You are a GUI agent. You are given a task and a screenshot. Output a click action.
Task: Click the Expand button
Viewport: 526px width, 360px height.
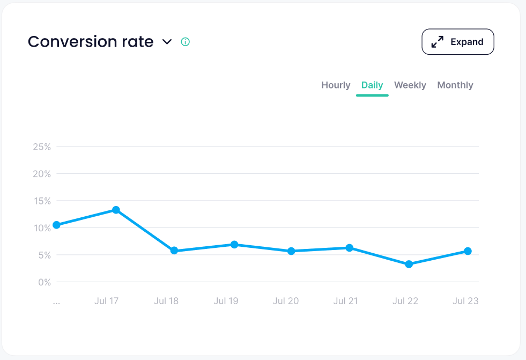coord(458,42)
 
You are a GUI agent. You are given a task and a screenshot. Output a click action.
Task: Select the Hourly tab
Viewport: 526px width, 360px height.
coord(336,85)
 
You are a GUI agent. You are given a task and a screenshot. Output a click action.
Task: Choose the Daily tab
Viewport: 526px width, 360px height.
coord(372,85)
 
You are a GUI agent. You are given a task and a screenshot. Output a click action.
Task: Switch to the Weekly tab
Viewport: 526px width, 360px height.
coord(410,85)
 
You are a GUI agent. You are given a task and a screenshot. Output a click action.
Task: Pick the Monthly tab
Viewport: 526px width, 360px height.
coord(455,85)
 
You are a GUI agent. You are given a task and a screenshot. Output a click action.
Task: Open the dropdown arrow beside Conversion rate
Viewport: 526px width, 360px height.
coord(167,42)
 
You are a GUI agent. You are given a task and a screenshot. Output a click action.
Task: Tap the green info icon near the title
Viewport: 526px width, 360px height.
coord(186,42)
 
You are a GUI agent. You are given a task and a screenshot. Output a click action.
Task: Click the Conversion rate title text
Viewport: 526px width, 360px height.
coord(91,42)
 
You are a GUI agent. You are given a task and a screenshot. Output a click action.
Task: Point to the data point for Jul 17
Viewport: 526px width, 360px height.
coord(116,210)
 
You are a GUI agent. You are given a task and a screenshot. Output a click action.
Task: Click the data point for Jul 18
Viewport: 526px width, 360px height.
coord(174,251)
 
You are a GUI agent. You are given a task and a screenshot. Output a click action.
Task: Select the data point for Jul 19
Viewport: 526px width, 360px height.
coord(234,245)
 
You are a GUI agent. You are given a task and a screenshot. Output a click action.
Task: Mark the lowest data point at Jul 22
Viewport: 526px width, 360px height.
coord(409,264)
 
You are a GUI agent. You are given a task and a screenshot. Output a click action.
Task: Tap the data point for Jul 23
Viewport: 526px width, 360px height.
coord(468,251)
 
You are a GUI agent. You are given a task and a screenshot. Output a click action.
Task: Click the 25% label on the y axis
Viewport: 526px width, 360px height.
coord(41,146)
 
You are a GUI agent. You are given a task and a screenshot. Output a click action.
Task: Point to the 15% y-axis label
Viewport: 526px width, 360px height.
coord(41,201)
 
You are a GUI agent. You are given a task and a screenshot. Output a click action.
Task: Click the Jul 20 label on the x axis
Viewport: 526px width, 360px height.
coord(286,301)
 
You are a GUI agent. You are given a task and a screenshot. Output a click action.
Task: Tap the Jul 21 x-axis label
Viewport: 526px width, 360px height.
coord(345,301)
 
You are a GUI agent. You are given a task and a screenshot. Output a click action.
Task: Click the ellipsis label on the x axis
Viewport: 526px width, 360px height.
coord(56,302)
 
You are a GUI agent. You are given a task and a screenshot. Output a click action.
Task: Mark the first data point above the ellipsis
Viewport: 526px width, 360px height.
coord(56,225)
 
